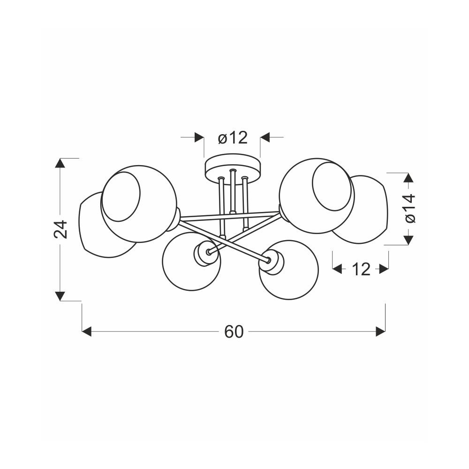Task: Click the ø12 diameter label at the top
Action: coord(233,138)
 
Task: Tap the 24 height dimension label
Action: coord(61,229)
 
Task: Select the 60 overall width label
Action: coord(234,332)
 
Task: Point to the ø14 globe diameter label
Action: coord(410,208)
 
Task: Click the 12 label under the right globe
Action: coord(361,270)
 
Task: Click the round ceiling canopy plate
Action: coord(233,168)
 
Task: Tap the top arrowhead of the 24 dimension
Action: coord(61,164)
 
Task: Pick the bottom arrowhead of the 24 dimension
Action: coord(61,295)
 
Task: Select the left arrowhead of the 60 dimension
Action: coord(87,332)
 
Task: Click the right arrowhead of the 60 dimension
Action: coord(380,332)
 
